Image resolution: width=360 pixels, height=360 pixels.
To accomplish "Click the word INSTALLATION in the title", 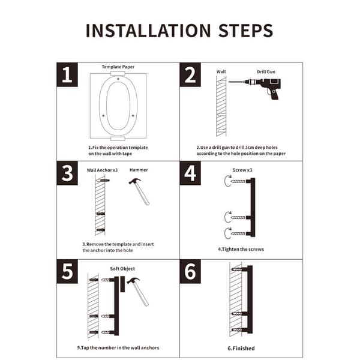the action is (148, 31).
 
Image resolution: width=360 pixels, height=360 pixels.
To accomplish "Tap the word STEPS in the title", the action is (245, 31).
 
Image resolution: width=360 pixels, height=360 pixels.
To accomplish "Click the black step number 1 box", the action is (67, 74).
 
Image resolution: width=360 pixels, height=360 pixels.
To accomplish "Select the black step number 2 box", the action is (190, 74).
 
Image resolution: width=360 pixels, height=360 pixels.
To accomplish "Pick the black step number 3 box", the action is (67, 173).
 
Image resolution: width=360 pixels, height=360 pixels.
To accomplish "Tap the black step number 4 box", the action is (190, 173).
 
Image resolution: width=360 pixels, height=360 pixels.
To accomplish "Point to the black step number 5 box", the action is (67, 271).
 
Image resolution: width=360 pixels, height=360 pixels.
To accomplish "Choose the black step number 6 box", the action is (190, 271).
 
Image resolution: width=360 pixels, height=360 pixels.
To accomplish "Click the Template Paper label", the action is (118, 67).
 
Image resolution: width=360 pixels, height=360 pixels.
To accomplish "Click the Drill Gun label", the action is (266, 72).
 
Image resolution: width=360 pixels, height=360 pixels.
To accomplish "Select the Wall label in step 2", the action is (221, 71).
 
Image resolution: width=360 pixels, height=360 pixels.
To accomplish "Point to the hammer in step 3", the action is (139, 191).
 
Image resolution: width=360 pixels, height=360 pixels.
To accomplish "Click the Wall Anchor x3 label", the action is (102, 170).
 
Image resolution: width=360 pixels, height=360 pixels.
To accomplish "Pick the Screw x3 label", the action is (242, 170).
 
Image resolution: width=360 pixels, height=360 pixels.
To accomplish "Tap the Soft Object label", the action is (122, 269).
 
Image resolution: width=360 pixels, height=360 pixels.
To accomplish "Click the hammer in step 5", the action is (138, 292).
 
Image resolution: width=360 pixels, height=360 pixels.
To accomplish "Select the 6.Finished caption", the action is (241, 348).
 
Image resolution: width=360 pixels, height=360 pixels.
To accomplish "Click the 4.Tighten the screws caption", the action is (241, 250).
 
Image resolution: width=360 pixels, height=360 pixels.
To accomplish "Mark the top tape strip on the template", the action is (118, 73).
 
